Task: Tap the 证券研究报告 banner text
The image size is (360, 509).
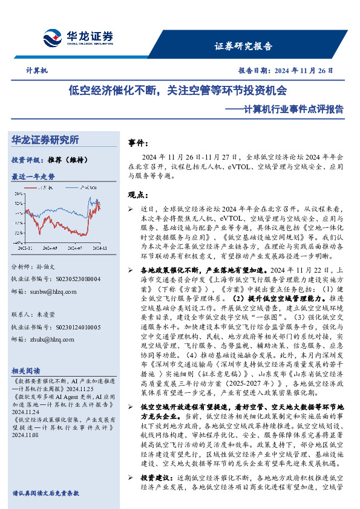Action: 244,46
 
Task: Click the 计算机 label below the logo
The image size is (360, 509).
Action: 37,71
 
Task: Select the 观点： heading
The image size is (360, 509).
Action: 139,195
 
